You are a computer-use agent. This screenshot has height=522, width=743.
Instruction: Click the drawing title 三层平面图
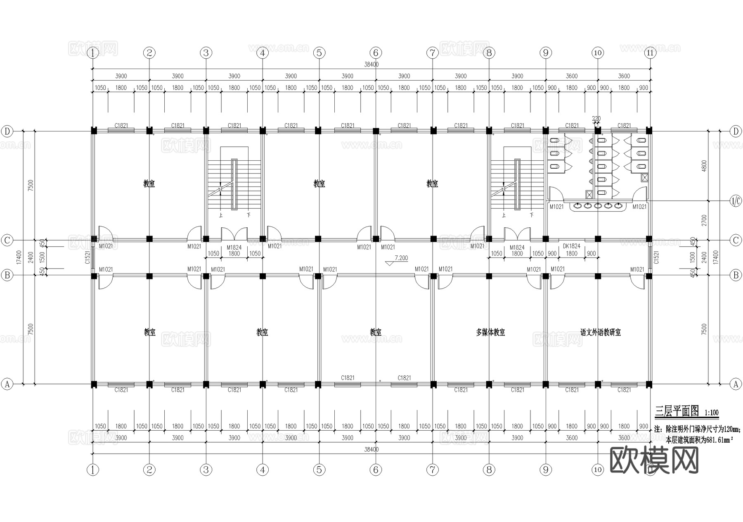677,411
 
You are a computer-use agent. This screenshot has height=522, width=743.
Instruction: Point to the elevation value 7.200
401,258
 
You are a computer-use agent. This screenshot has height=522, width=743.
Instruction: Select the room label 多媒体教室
490,332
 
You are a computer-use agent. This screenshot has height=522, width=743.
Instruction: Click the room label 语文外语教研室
601,332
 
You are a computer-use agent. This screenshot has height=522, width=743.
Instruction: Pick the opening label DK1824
572,246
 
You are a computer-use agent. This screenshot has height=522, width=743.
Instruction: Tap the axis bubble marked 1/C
736,201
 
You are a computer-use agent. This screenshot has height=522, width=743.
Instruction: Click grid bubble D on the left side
7,131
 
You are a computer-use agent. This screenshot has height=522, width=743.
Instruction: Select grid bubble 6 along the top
376,53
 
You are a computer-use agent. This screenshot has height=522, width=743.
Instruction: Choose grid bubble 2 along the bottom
149,470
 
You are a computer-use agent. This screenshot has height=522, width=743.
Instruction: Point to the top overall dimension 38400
371,64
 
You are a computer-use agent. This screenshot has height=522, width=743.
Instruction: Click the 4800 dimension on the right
704,166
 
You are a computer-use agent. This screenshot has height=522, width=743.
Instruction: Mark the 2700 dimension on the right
704,220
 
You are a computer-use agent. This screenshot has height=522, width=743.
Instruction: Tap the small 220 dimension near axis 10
596,119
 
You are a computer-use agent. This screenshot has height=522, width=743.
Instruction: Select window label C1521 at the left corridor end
88,257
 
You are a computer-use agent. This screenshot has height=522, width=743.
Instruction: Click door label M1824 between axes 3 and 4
234,248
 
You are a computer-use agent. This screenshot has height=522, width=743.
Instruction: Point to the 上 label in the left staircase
221,215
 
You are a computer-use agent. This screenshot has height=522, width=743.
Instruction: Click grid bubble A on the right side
736,384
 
